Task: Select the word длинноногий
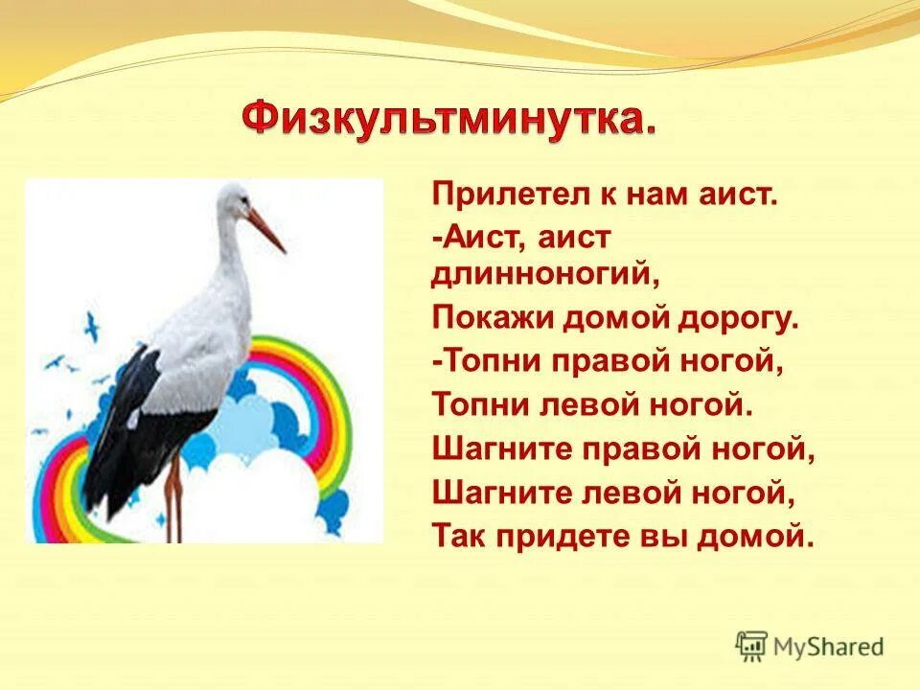[x=546, y=275]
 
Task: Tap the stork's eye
[x=236, y=198]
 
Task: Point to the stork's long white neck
[x=230, y=259]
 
